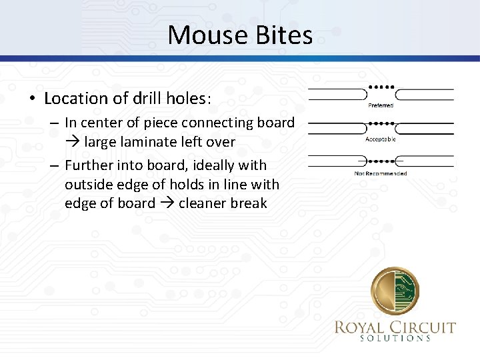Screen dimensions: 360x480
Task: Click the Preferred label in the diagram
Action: (x=381, y=105)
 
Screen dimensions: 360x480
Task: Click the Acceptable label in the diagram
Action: (x=381, y=139)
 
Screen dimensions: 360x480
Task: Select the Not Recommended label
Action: (x=381, y=173)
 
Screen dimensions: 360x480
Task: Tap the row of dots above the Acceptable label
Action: (x=382, y=123)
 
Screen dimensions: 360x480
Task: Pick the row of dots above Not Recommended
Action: (x=382, y=161)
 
